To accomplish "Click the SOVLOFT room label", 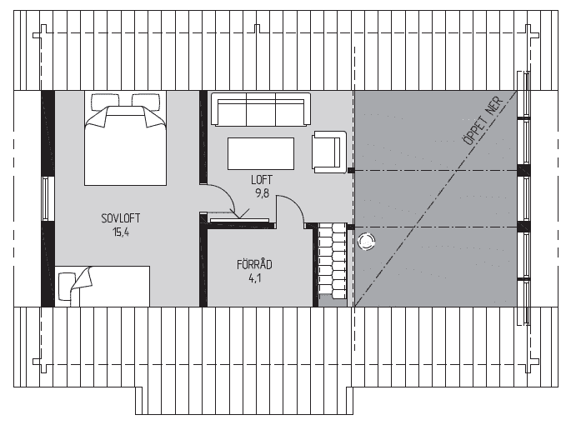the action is [121, 218].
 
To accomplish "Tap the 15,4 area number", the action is [121, 232].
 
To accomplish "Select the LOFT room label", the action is [262, 180].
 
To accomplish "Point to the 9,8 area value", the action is [263, 193].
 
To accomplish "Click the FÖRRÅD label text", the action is [254, 263].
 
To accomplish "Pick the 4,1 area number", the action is [254, 278].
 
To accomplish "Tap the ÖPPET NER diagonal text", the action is [483, 121].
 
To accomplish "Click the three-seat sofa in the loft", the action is [260, 109].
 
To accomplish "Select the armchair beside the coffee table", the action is [329, 152].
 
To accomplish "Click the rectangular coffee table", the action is [261, 153].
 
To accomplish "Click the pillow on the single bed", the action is [66, 287].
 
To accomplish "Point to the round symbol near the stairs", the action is [366, 242].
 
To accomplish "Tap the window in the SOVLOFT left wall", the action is [46, 198].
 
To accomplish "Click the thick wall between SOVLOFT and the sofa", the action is [203, 137].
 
